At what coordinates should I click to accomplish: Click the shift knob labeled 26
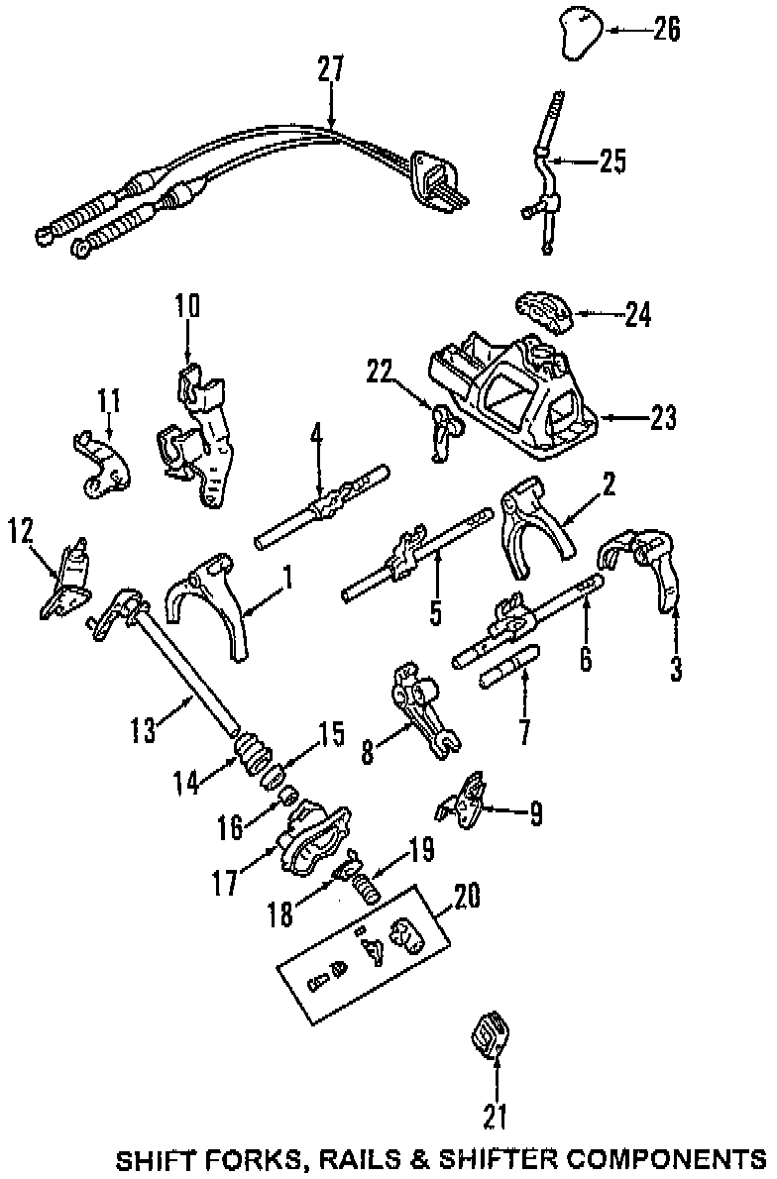tap(578, 36)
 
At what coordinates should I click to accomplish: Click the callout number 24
tap(638, 315)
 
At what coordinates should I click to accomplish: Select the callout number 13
tap(144, 731)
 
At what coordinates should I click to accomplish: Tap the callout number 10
tap(186, 305)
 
